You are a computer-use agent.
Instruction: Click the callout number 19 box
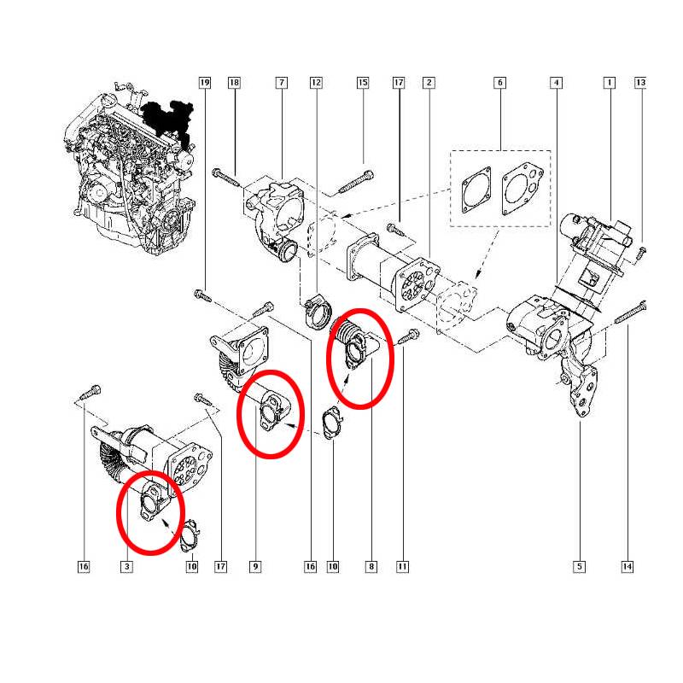coord(204,83)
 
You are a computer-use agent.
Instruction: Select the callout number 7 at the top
coord(281,83)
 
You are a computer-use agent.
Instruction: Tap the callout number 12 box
coord(316,83)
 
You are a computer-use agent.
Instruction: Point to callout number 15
coord(363,83)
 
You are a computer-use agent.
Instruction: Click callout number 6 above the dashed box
coord(499,83)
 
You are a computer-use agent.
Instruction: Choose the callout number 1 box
coord(609,83)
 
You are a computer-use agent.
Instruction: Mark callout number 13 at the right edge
coord(640,83)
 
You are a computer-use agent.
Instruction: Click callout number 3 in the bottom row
coord(126,566)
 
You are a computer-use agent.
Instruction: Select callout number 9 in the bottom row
coord(254,566)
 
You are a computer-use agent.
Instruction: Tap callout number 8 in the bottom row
coord(371,566)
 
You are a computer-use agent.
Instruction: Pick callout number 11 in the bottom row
coord(402,566)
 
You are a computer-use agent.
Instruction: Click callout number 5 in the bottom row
coord(579,566)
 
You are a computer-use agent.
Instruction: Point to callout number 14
coord(628,566)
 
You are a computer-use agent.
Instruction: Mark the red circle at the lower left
coord(150,512)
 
